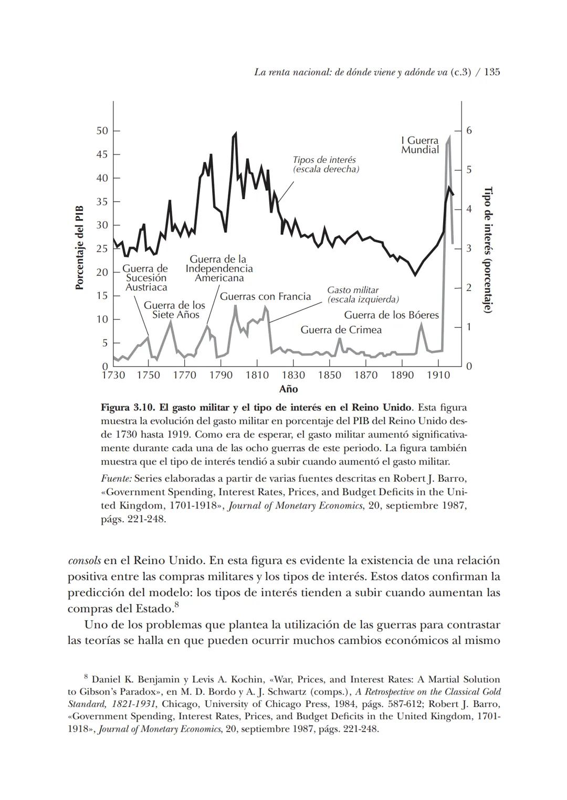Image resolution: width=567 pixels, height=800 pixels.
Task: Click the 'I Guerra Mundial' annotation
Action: (x=419, y=146)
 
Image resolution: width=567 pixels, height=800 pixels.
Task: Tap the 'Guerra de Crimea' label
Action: (x=341, y=330)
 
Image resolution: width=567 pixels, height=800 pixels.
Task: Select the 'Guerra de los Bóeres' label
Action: (x=391, y=315)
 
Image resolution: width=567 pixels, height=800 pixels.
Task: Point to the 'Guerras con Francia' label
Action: (x=265, y=297)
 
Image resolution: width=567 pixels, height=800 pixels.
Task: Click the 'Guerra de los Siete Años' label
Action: (x=175, y=310)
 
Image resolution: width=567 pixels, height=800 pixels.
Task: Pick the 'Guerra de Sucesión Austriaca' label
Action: (x=145, y=278)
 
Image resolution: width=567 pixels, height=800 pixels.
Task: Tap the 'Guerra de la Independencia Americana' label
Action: (x=219, y=268)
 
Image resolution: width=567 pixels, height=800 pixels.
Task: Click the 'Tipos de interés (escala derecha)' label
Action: (x=325, y=164)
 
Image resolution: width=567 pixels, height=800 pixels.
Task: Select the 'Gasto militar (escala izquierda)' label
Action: (x=362, y=295)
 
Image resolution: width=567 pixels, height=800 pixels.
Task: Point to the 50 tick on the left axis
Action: (x=102, y=131)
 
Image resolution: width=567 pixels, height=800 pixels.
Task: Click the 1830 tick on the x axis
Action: (x=293, y=375)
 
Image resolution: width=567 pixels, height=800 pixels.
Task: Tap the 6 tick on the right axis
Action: (x=469, y=130)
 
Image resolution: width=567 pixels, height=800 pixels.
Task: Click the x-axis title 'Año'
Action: (x=288, y=389)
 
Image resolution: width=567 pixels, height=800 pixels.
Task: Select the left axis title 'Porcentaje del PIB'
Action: (x=80, y=247)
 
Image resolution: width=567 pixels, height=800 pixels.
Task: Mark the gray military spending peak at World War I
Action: (x=449, y=138)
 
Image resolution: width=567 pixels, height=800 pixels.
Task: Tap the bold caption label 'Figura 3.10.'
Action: (x=124, y=408)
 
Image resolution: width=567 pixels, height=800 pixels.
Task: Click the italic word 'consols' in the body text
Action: (x=85, y=560)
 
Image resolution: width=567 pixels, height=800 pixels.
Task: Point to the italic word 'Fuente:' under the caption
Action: (x=116, y=479)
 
